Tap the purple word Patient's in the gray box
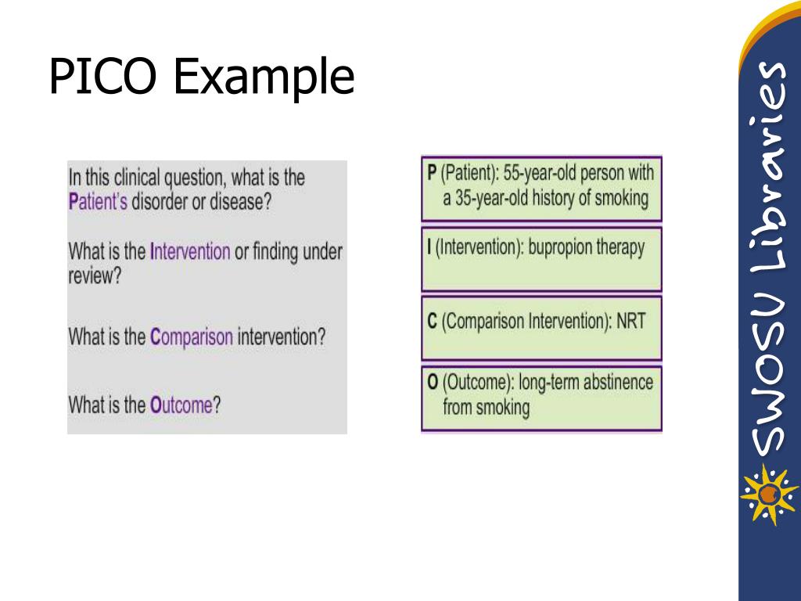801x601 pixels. [x=98, y=202]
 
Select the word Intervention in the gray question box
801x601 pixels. [x=190, y=252]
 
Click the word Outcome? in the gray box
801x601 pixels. [x=185, y=405]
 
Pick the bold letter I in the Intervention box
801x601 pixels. [x=429, y=248]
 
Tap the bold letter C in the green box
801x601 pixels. [x=432, y=322]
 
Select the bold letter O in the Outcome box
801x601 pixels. [x=433, y=383]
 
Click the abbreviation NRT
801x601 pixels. [x=630, y=322]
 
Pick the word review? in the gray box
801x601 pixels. [x=95, y=277]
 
